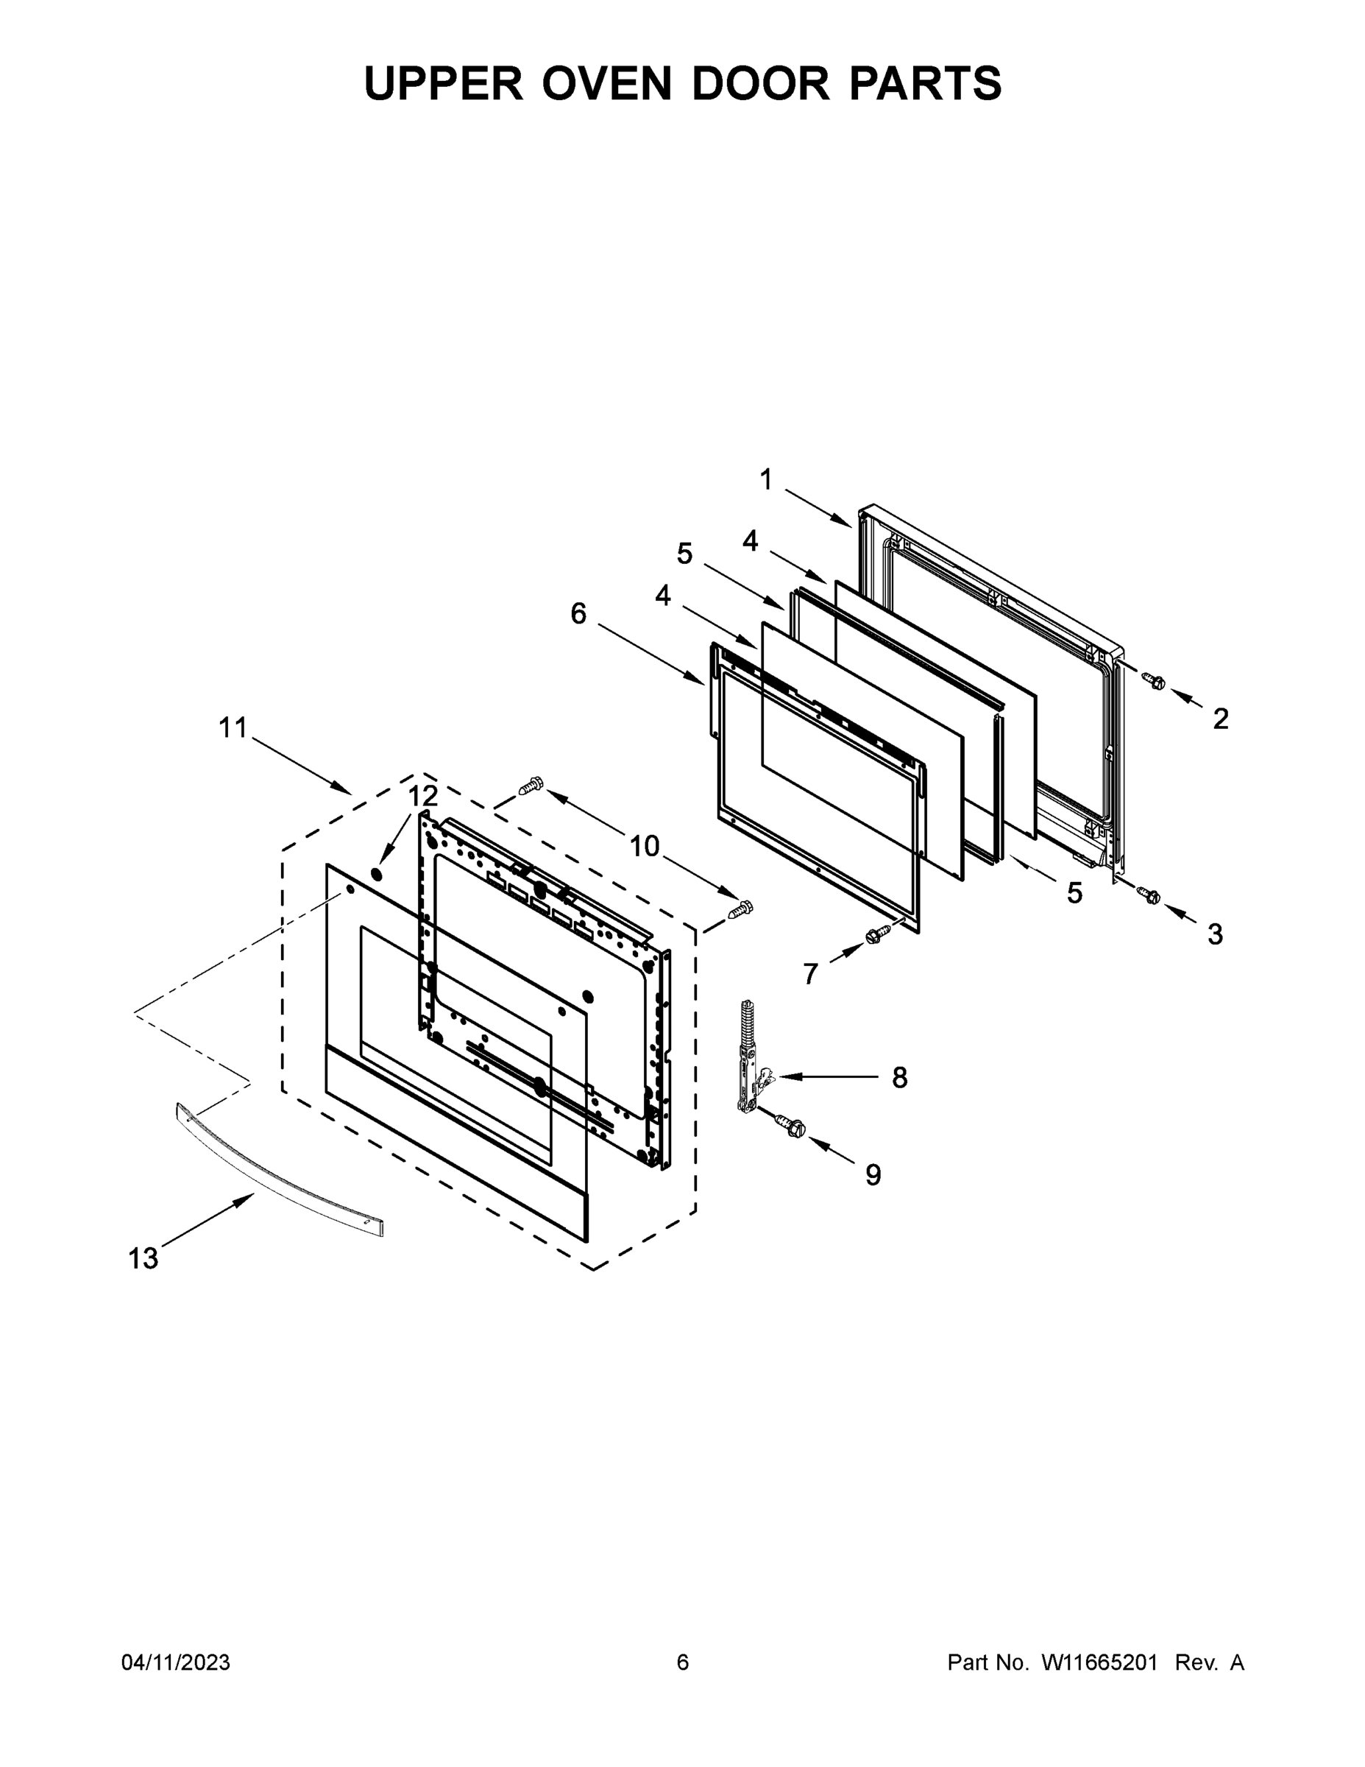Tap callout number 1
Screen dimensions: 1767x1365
(x=766, y=480)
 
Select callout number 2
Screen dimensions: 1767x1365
(x=1220, y=718)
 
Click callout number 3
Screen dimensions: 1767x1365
(x=1215, y=934)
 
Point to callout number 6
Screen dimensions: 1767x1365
(x=578, y=613)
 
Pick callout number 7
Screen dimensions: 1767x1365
(x=810, y=974)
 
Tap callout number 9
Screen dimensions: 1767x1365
(x=873, y=1175)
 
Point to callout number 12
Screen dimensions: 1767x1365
(x=422, y=795)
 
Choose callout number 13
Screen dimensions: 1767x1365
(x=143, y=1258)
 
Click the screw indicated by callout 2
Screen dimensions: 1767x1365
(x=1155, y=682)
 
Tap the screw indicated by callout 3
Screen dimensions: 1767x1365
(x=1148, y=895)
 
